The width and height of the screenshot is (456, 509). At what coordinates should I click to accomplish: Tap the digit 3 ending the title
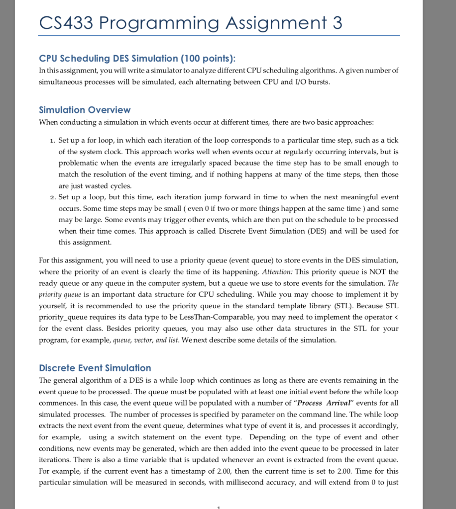337,23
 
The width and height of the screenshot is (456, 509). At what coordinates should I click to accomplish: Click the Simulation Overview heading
85,110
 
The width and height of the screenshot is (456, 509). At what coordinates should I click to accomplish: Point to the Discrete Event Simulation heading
95,368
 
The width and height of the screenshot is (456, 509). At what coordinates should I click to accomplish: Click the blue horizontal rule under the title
219,36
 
